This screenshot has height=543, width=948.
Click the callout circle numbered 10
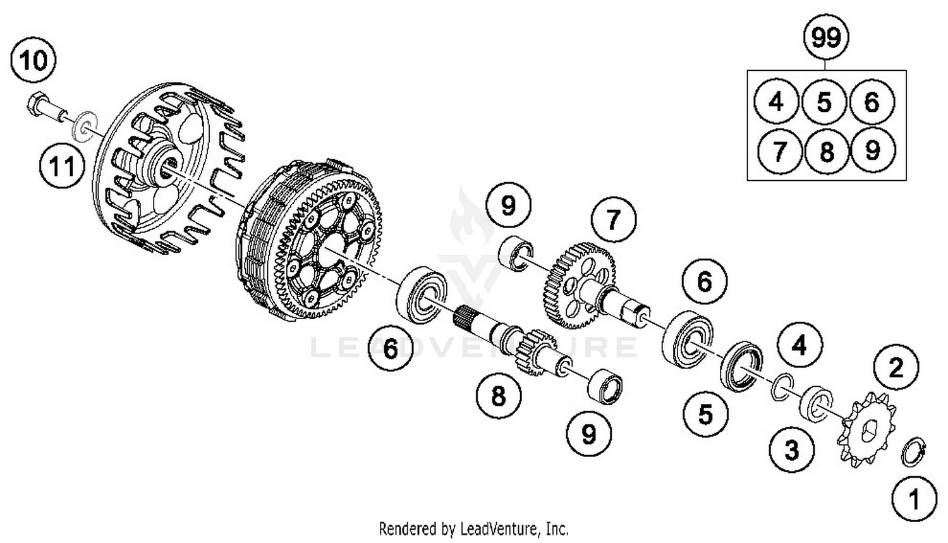(x=33, y=61)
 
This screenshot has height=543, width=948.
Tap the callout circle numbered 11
(x=61, y=168)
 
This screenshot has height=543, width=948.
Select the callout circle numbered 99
(x=826, y=38)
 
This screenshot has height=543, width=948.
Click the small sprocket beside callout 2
(x=866, y=428)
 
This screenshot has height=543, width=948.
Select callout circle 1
(x=914, y=499)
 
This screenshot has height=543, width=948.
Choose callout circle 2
(x=896, y=367)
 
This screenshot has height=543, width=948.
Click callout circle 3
(x=791, y=450)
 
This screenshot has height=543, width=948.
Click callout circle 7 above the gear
(x=613, y=220)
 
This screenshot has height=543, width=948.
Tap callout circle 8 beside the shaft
(x=498, y=396)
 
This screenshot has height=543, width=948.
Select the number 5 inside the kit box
(x=824, y=102)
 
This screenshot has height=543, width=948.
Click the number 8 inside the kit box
(x=826, y=152)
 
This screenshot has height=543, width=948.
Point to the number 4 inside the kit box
(x=777, y=102)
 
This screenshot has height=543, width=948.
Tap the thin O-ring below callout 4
(x=782, y=387)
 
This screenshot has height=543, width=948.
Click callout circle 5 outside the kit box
(x=705, y=414)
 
